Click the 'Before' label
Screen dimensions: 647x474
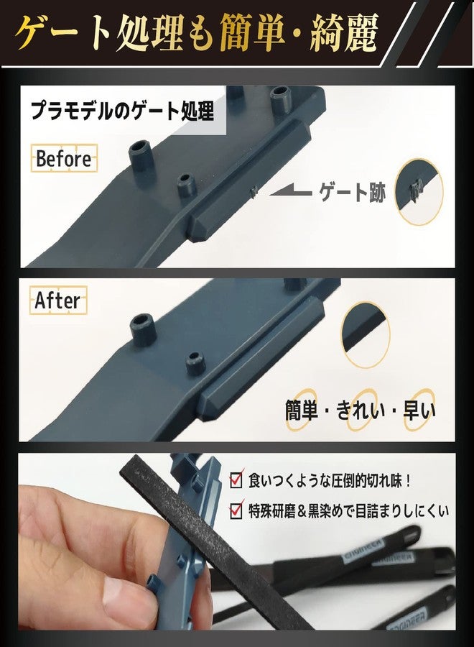[x=64, y=158]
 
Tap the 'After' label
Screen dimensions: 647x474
[x=57, y=300]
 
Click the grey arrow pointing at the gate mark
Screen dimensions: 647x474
[x=290, y=192]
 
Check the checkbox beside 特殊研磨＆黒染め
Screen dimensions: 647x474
[x=236, y=510]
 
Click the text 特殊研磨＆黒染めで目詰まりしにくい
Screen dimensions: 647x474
[x=348, y=510]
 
